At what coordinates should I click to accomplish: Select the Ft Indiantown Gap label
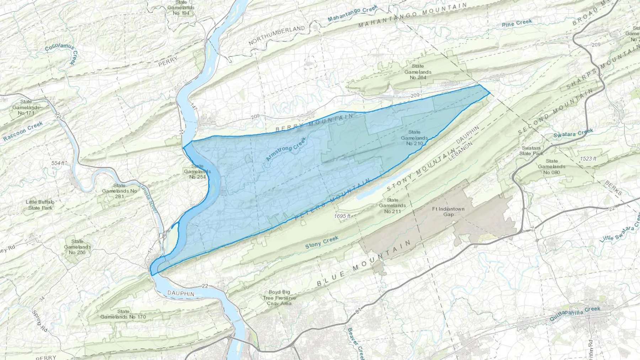pos(448,211)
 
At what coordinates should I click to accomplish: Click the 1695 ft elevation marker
pos(342,216)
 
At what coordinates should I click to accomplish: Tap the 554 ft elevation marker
pos(58,163)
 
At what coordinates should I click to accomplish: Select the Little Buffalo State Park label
pos(39,205)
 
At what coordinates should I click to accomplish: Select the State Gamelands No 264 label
pos(418,71)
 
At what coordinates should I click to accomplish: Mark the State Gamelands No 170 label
pos(123,314)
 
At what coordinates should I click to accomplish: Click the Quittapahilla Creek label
pos(575,314)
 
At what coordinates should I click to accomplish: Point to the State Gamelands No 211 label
pos(392,206)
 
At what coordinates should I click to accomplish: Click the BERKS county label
pos(613,188)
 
